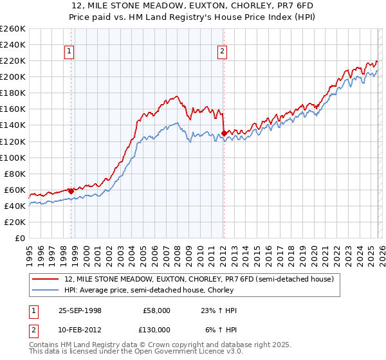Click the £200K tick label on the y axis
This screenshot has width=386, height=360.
(x=13, y=76)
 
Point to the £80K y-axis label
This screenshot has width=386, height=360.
(x=15, y=174)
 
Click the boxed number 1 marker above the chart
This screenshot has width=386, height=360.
(x=69, y=53)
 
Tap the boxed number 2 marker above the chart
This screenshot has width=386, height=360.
(x=222, y=53)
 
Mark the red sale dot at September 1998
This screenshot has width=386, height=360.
(x=71, y=191)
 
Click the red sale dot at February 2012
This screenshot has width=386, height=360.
(x=223, y=133)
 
